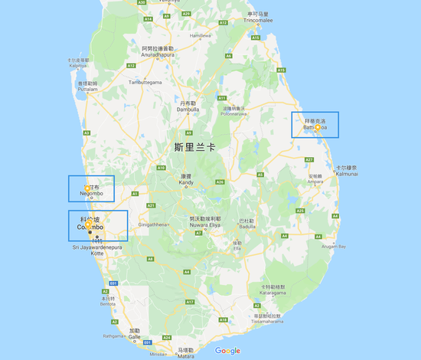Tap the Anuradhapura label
(158, 54)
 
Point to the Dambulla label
(188, 108)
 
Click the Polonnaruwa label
(237, 110)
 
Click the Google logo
(227, 351)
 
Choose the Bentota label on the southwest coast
(107, 302)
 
